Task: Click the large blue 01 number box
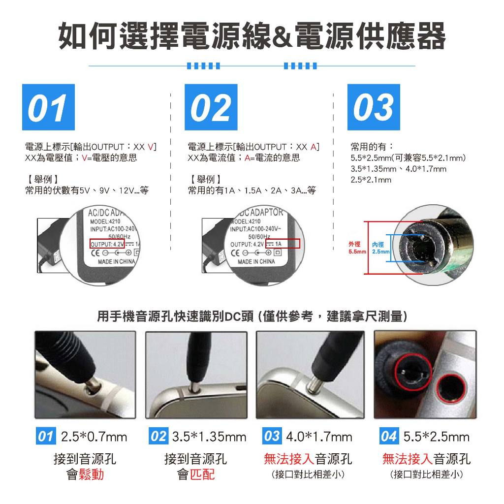pos(48,107)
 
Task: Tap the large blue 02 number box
pos(211,107)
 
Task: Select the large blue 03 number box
pos(374,107)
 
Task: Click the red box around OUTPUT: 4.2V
pos(107,244)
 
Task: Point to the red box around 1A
pos(283,244)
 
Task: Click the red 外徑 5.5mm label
pos(357,248)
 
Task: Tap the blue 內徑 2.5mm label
pos(380,248)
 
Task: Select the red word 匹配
pos(202,474)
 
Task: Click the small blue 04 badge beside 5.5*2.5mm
pos(389,436)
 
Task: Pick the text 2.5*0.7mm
pos(94,437)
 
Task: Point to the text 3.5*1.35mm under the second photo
pos(209,437)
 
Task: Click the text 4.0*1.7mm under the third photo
pos(319,437)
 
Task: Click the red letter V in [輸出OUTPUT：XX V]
pos(151,147)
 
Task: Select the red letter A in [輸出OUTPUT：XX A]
pos(314,147)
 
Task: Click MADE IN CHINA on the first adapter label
pos(116,262)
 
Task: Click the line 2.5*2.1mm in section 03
pos(371,180)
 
